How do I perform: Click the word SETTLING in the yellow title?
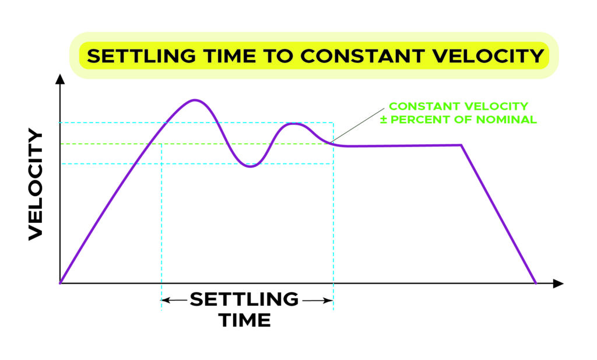(141, 55)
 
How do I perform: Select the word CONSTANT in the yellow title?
(362, 55)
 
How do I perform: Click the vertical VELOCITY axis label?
(36, 184)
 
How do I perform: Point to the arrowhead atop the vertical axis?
(60, 79)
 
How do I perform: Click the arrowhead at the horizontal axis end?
(558, 284)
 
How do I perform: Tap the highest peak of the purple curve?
(195, 100)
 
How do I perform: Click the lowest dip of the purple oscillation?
(250, 166)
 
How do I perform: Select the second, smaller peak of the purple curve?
(293, 124)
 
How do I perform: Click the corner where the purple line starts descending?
(462, 145)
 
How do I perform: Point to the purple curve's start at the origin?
(60, 283)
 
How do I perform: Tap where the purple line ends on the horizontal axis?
(536, 283)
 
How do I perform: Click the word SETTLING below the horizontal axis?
(244, 299)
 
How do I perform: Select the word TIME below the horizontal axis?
(245, 320)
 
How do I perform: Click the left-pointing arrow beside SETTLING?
(174, 300)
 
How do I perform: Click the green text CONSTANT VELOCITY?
(458, 106)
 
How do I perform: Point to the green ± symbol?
(384, 120)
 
